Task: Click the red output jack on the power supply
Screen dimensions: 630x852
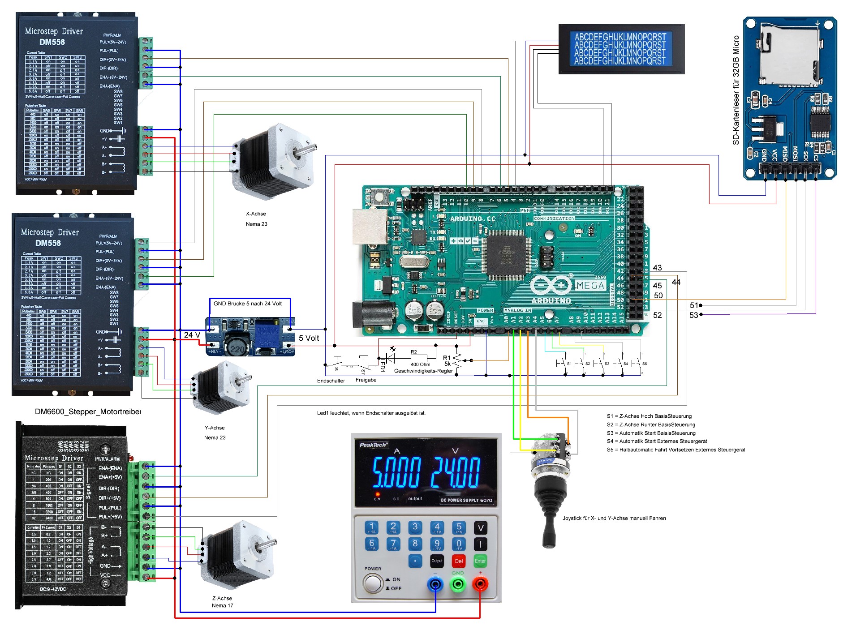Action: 480,584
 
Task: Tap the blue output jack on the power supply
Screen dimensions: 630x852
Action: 435,584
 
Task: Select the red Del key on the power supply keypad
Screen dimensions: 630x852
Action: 459,561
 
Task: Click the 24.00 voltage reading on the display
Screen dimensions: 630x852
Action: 455,472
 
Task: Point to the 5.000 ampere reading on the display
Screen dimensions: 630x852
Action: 396,472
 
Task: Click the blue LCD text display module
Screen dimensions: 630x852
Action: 620,49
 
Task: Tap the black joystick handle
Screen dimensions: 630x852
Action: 549,528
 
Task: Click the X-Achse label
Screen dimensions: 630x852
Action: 256,214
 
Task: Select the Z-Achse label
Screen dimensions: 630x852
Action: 222,598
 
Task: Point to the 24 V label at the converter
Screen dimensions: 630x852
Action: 192,335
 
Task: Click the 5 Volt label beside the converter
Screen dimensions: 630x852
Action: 309,338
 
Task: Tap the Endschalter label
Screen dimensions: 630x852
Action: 331,381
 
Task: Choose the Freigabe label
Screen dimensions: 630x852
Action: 366,380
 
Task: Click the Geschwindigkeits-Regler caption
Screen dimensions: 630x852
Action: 423,371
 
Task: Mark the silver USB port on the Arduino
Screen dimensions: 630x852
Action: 370,226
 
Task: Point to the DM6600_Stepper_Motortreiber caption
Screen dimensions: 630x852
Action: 88,411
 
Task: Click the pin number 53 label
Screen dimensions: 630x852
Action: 693,315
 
